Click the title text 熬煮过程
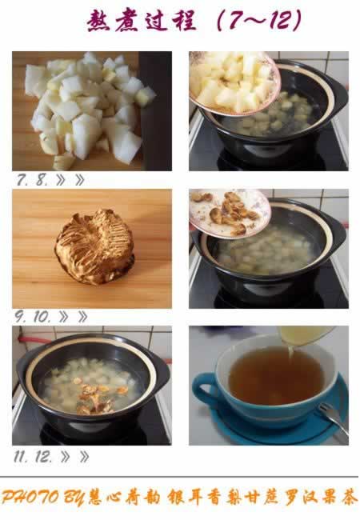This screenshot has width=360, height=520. point(142,21)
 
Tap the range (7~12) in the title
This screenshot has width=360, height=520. point(259,20)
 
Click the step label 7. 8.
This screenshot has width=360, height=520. point(33,180)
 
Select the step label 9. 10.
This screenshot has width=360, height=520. point(33,317)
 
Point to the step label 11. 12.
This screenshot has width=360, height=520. point(33,457)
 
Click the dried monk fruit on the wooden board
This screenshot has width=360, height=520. point(95,246)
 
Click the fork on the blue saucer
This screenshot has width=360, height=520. point(333,418)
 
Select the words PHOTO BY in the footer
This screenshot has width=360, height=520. point(43,498)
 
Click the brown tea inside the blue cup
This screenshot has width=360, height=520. point(276,376)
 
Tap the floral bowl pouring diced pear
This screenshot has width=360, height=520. point(234,82)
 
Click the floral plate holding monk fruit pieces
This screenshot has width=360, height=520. point(230,213)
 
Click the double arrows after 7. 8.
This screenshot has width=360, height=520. point(70,180)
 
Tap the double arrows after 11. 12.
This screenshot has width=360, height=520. point(75,457)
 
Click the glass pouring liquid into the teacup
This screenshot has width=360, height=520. point(306,335)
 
